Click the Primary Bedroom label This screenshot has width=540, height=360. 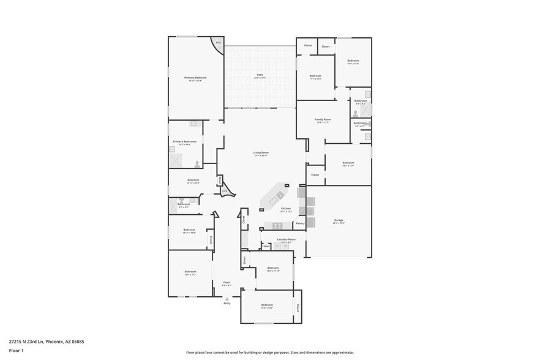click(195, 78)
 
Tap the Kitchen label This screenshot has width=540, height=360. click(285, 209)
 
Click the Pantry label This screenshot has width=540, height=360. click(300, 223)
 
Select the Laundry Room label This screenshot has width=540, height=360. click(286, 239)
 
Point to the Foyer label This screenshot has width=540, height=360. click(227, 282)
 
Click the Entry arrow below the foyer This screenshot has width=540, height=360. click(227, 299)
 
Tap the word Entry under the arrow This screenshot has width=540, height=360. click(227, 303)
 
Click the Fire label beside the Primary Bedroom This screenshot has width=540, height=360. click(218, 42)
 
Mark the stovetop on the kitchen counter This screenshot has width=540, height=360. click(269, 225)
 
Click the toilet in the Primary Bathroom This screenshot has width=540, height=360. click(197, 163)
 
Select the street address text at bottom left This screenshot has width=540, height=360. click(47, 342)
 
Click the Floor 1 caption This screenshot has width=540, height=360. click(16, 351)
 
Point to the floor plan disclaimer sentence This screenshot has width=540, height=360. click(269, 353)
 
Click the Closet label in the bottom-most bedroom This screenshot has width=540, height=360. click(298, 308)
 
